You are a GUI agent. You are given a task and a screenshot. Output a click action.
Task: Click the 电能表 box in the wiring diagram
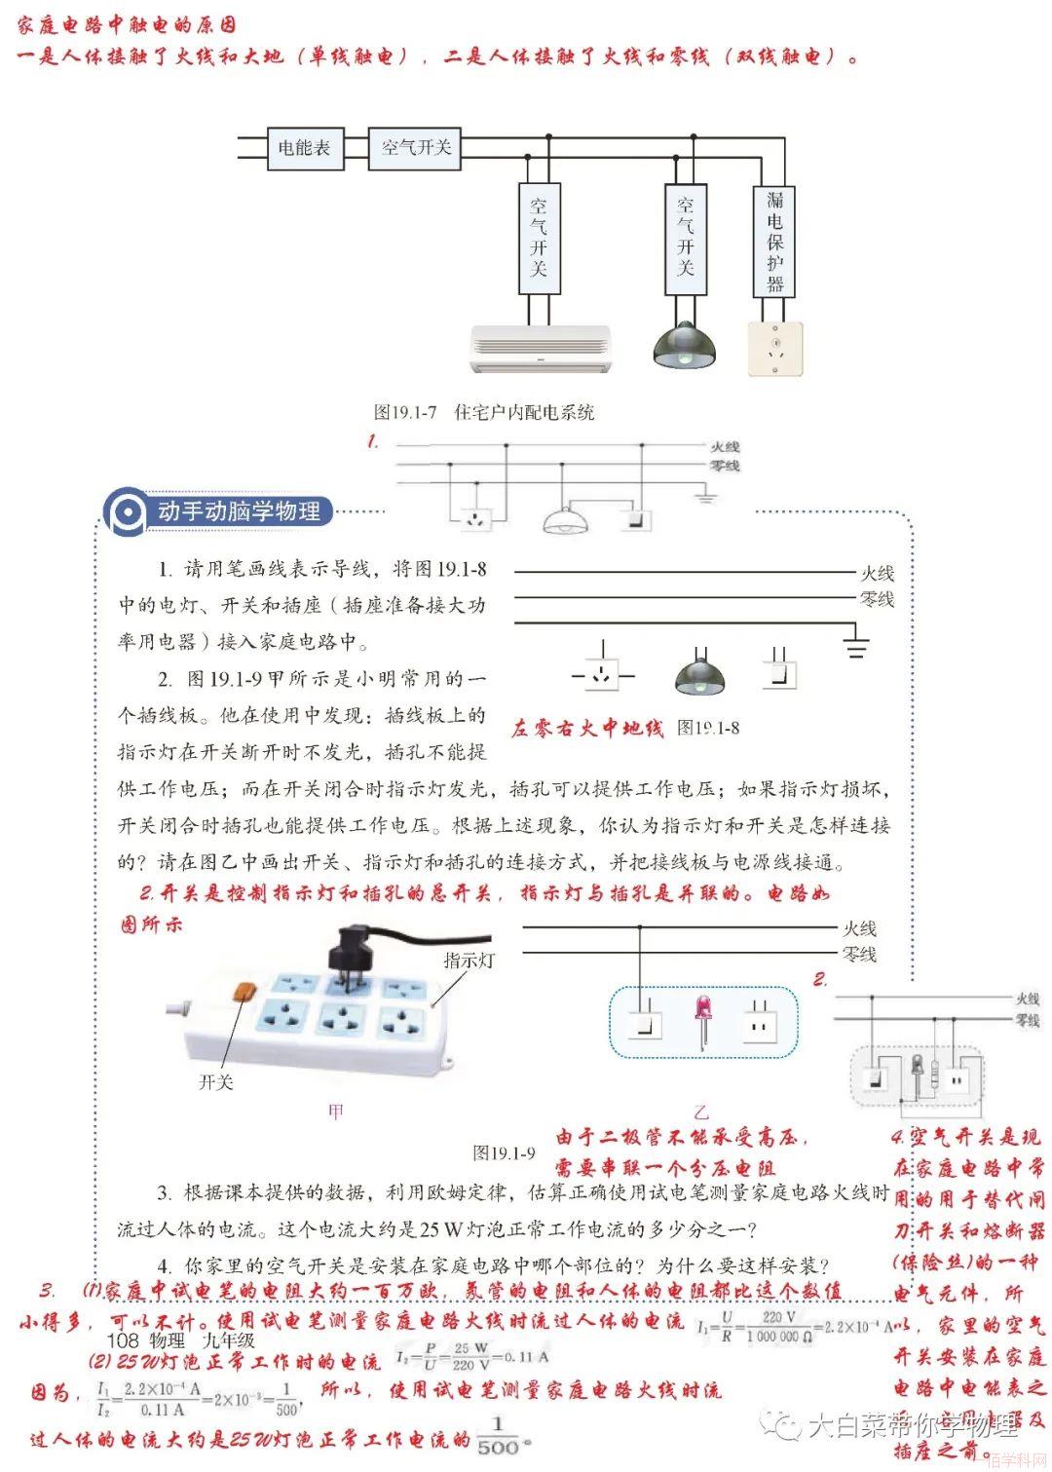[x=304, y=148]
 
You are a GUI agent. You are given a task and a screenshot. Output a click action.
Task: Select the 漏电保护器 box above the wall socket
[x=774, y=241]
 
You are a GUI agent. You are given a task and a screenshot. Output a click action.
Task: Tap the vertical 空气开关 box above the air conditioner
[x=538, y=238]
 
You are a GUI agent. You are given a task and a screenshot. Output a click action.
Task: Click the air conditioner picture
[x=541, y=349]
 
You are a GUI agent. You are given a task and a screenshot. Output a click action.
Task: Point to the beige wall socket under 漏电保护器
[x=775, y=349]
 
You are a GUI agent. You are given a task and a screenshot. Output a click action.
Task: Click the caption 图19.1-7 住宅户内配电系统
[x=484, y=412]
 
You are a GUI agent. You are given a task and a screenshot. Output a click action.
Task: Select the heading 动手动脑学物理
[x=239, y=510]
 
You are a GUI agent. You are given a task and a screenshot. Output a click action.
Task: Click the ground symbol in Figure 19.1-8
[x=855, y=645]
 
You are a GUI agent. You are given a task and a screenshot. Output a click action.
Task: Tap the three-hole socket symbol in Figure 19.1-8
[x=603, y=673]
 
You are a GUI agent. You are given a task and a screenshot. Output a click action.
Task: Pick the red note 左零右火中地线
[x=586, y=729]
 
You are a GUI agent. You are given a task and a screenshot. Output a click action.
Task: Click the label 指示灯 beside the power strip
[x=469, y=961]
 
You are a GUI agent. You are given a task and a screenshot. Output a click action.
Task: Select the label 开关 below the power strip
[x=215, y=1082]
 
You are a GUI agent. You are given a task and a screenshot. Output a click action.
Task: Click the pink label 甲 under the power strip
[x=336, y=1112]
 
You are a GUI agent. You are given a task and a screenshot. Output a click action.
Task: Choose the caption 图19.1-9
[x=504, y=1153]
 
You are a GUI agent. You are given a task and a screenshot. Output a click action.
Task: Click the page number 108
[x=123, y=1340]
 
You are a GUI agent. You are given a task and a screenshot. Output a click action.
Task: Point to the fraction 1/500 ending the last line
[x=498, y=1439]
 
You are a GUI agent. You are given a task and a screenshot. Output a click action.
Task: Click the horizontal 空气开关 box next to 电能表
[x=416, y=148]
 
